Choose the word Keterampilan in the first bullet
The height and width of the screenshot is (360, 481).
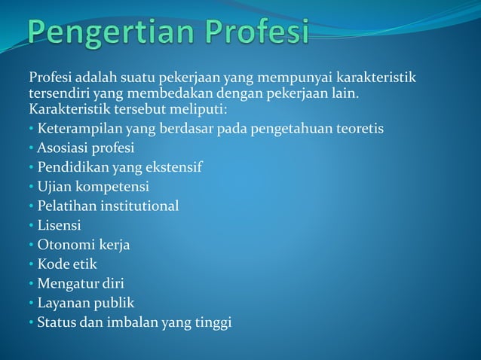coord(76,128)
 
